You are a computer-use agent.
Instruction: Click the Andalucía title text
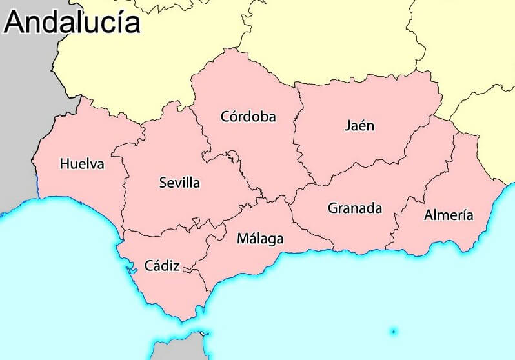point(72,22)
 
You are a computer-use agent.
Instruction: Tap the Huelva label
point(82,164)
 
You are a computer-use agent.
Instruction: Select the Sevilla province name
point(179,183)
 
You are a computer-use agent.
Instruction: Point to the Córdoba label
point(248,117)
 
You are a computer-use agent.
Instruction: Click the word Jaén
point(359,125)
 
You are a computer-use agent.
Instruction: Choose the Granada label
point(354,208)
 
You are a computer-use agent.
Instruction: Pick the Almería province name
point(449,215)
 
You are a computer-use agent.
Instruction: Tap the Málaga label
point(260,239)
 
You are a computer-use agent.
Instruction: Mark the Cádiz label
point(162,265)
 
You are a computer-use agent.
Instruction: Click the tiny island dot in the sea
point(393,332)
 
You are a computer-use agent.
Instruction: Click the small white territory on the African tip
point(203,334)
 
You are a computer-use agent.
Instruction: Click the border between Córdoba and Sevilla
point(205,139)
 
